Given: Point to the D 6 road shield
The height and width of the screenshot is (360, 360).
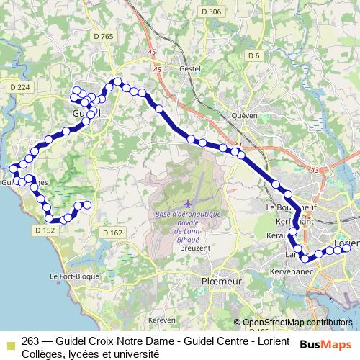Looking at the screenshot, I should tap(253, 55).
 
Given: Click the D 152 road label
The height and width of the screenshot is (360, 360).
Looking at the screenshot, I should tap(44, 230).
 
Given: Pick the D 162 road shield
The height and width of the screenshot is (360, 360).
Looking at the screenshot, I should tap(112, 233).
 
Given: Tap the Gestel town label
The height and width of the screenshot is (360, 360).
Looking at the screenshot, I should tap(188, 68).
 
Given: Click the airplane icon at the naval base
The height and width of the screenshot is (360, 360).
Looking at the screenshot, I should tap(188, 204).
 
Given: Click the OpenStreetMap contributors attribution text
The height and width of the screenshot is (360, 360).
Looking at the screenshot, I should tap(297, 323).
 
